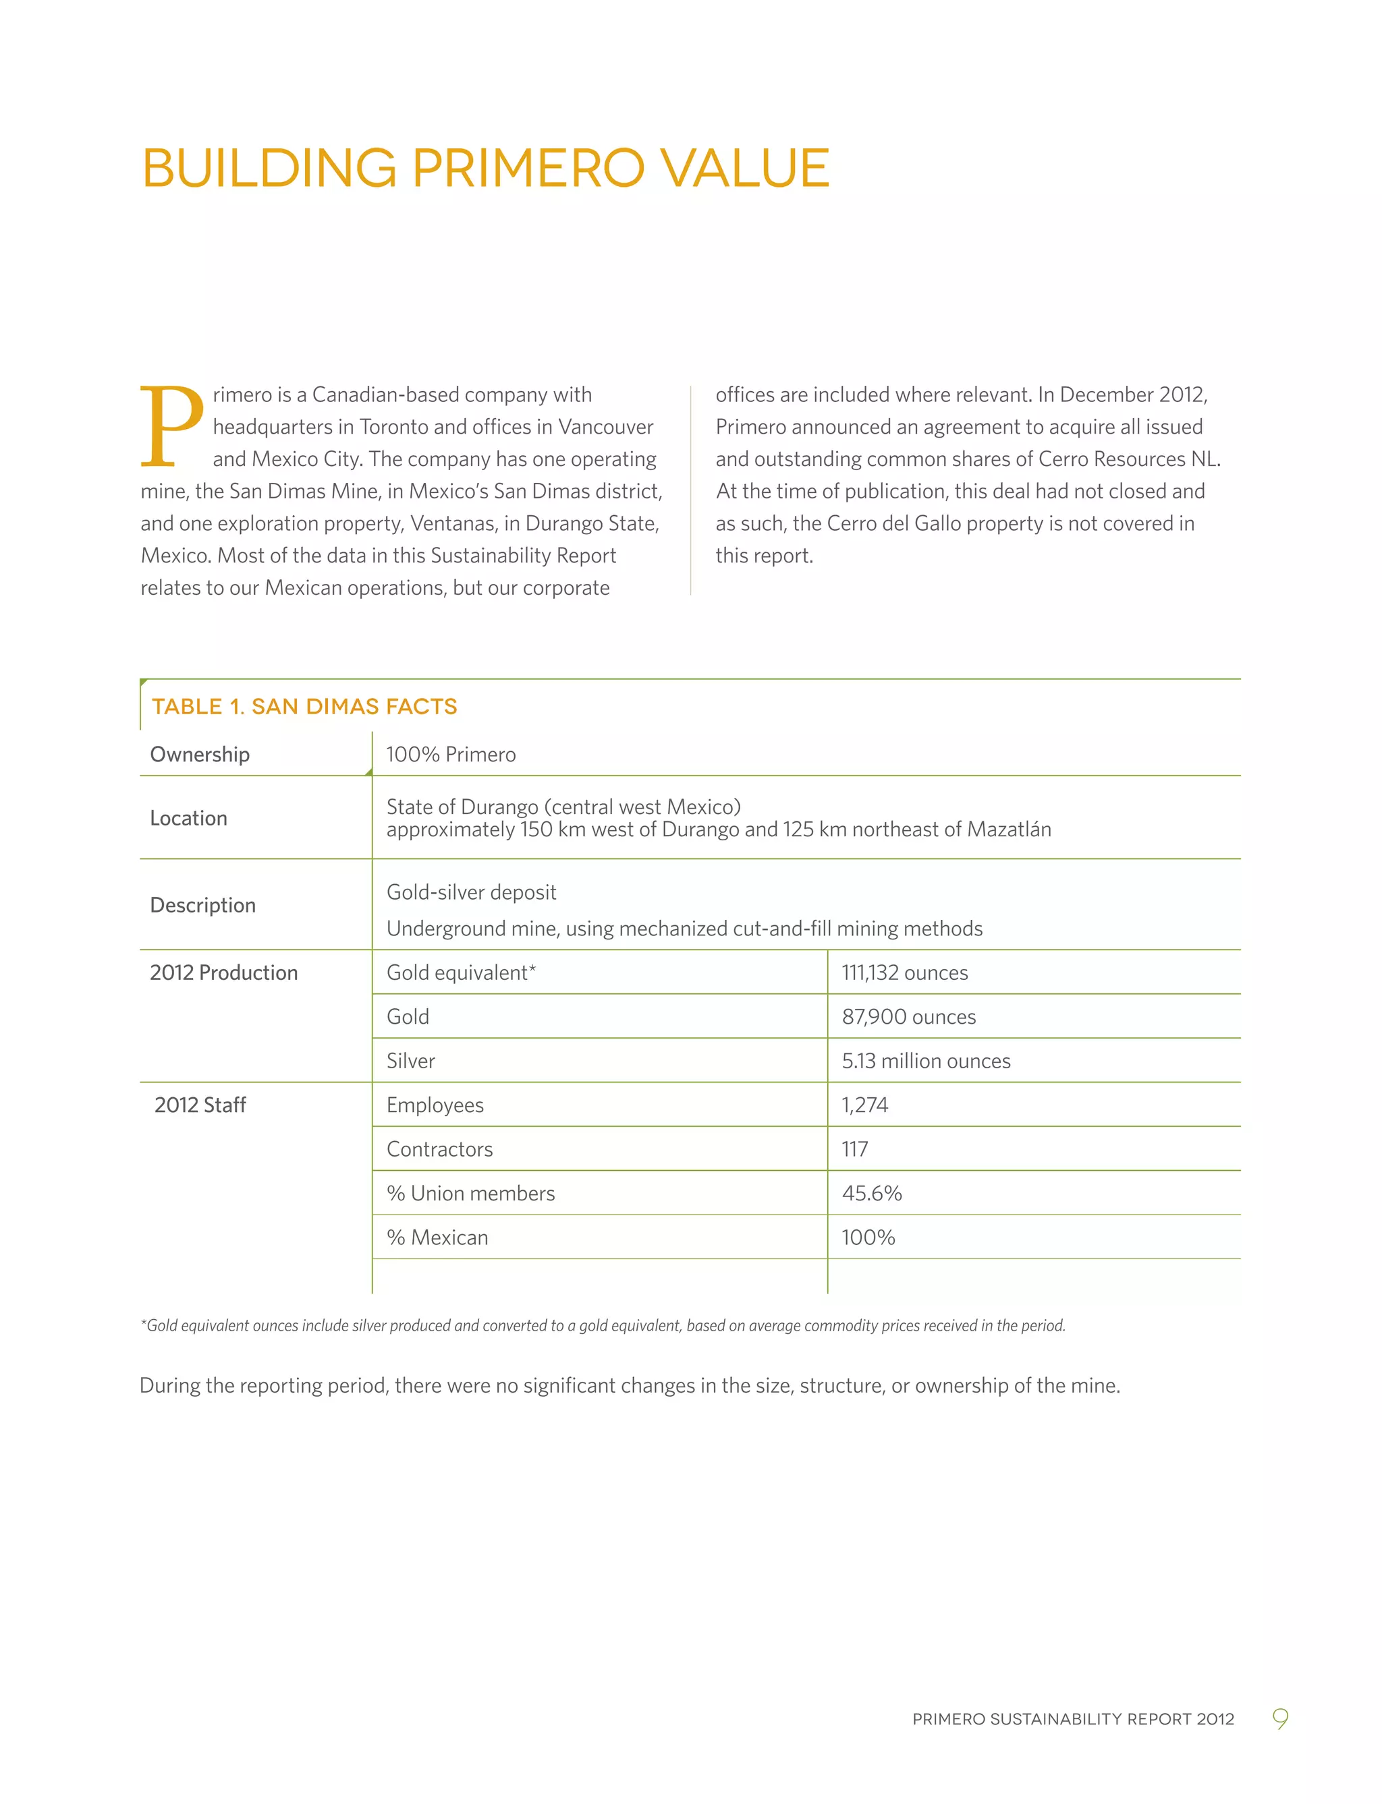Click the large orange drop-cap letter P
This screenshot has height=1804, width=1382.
coord(171,426)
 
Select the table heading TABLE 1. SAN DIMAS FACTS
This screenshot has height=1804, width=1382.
coord(304,706)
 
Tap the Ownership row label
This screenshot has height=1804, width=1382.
coord(200,754)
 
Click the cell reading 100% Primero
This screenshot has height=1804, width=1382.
coord(451,754)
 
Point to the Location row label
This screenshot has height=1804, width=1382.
coord(188,818)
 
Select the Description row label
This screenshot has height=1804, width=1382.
coord(202,905)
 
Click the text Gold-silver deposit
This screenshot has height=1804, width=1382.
coord(472,892)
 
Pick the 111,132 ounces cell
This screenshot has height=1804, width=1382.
coord(904,972)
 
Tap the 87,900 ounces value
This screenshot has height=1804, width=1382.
coord(908,1017)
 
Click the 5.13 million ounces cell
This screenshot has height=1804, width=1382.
coord(925,1061)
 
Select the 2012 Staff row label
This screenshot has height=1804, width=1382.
coord(200,1105)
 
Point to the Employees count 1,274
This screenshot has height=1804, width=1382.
coord(864,1105)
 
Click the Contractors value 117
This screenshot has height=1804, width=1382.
coord(855,1149)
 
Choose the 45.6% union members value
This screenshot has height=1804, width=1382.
coord(871,1194)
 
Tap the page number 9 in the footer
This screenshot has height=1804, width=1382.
coord(1280,1718)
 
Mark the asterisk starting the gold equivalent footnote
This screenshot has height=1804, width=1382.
coord(143,1323)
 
